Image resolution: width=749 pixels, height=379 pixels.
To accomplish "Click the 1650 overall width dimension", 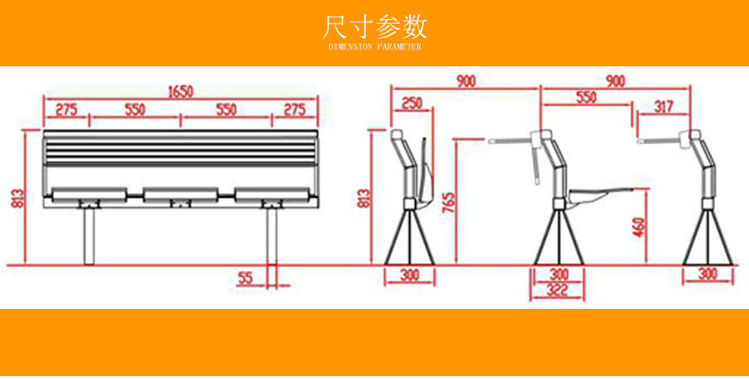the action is pos(180,91).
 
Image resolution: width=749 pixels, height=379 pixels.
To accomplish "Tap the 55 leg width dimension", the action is pos(245,279).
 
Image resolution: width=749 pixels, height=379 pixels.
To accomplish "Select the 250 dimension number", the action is pos(411,103).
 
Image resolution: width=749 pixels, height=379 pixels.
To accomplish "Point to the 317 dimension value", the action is pos(663,107).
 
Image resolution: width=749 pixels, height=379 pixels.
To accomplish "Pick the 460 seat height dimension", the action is pos(640,227).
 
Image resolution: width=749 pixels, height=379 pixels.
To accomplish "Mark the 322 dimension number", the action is pos(557,291).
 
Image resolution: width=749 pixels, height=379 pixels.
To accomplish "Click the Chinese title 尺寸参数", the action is pos(374,27).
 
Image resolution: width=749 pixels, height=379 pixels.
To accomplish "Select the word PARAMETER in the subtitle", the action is pos(399,46).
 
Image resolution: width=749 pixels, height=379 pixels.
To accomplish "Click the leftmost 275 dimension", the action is pos(66,110).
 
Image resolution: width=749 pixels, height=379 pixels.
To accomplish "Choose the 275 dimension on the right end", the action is pos(294,110).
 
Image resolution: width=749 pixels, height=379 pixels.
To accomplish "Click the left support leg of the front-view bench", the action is pos(89,236).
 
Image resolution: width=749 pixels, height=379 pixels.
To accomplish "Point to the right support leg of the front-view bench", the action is pos(272,236).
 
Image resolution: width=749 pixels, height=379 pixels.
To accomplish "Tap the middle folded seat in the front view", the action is pos(180,195).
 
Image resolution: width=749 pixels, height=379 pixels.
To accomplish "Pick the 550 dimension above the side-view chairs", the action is pos(586,98).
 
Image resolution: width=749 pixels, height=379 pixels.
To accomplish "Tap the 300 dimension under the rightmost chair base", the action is pos(708,275).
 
